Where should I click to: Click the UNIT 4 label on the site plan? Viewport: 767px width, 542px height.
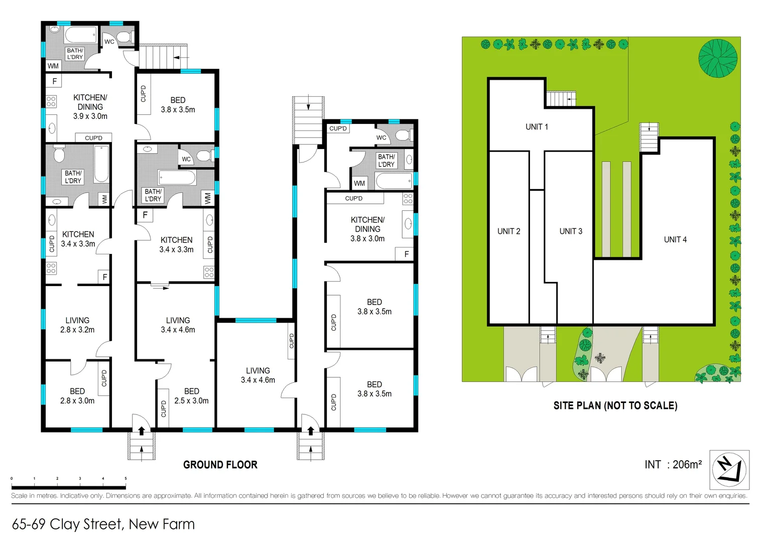point(675,239)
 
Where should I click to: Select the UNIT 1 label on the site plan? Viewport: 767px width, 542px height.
point(537,126)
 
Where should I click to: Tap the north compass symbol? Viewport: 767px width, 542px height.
point(729,470)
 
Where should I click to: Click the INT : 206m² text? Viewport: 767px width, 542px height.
point(673,465)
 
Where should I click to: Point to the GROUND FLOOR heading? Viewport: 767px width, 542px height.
point(220,465)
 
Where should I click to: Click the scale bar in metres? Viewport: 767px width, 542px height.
point(68,487)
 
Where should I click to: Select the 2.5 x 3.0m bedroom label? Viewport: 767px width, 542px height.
point(191,396)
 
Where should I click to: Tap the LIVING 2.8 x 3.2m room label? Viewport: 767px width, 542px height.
point(77,325)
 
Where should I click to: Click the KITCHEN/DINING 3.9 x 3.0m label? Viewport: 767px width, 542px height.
point(90,106)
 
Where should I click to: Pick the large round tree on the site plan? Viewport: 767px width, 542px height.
point(718,58)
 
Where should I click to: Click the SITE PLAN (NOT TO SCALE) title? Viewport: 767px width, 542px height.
point(615,405)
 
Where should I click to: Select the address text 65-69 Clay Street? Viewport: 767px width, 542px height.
point(103,524)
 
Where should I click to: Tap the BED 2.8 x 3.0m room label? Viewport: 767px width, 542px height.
point(77,395)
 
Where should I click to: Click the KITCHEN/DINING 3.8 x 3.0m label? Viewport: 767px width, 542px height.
point(367,229)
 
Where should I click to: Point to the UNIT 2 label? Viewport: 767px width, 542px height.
point(508,231)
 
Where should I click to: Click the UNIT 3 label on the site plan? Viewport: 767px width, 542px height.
point(571,231)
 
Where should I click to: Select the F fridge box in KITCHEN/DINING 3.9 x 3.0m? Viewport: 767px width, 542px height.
point(54,81)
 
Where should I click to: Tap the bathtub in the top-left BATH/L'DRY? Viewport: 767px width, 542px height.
point(81,35)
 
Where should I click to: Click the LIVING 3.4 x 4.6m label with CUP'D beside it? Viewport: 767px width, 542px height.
point(258,375)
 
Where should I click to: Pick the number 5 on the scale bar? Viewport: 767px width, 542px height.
point(125,479)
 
